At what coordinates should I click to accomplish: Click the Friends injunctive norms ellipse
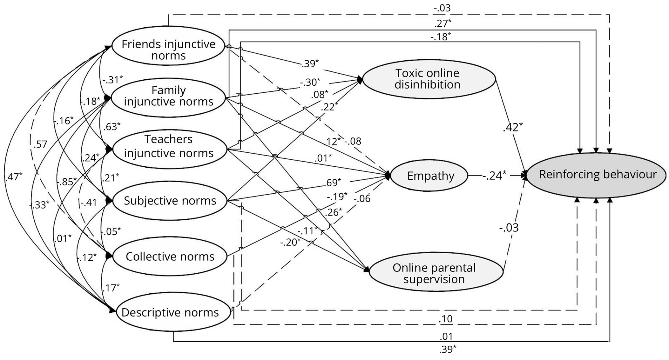(168, 50)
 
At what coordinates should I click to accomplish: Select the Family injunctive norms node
(168, 96)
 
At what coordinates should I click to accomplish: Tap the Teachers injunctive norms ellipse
(168, 146)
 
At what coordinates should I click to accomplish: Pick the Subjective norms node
(170, 201)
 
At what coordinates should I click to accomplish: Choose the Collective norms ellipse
(170, 257)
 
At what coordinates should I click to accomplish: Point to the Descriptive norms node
(170, 313)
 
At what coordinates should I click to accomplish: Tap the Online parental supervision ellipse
(434, 273)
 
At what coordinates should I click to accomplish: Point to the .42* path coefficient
(512, 127)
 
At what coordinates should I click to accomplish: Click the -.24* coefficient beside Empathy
(494, 175)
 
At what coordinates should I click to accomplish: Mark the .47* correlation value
(14, 177)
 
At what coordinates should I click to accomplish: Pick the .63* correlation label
(111, 126)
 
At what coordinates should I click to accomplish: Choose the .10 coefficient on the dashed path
(445, 319)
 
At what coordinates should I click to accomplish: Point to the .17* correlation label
(111, 287)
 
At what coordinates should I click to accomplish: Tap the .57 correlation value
(40, 144)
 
